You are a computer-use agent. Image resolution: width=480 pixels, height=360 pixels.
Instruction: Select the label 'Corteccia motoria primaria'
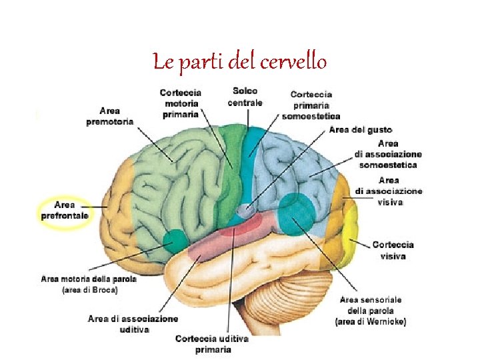click(x=181, y=103)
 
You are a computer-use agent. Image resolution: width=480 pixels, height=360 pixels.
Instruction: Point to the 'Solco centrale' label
click(x=245, y=97)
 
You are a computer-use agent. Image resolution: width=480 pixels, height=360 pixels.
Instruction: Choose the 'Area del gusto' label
click(x=361, y=130)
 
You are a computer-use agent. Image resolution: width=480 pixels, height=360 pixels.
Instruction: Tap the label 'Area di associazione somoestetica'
click(x=389, y=154)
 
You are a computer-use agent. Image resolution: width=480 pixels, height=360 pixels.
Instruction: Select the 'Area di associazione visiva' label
click(x=389, y=191)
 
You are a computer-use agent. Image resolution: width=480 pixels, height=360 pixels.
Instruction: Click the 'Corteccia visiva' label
click(x=393, y=250)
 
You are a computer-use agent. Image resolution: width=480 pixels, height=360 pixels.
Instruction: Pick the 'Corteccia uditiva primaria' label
click(x=212, y=343)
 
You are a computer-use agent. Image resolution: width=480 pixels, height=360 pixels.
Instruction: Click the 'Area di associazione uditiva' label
click(x=133, y=324)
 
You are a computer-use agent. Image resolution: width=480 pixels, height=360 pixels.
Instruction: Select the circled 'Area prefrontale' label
click(x=65, y=211)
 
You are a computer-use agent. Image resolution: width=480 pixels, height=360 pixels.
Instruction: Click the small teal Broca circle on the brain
click(x=175, y=239)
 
